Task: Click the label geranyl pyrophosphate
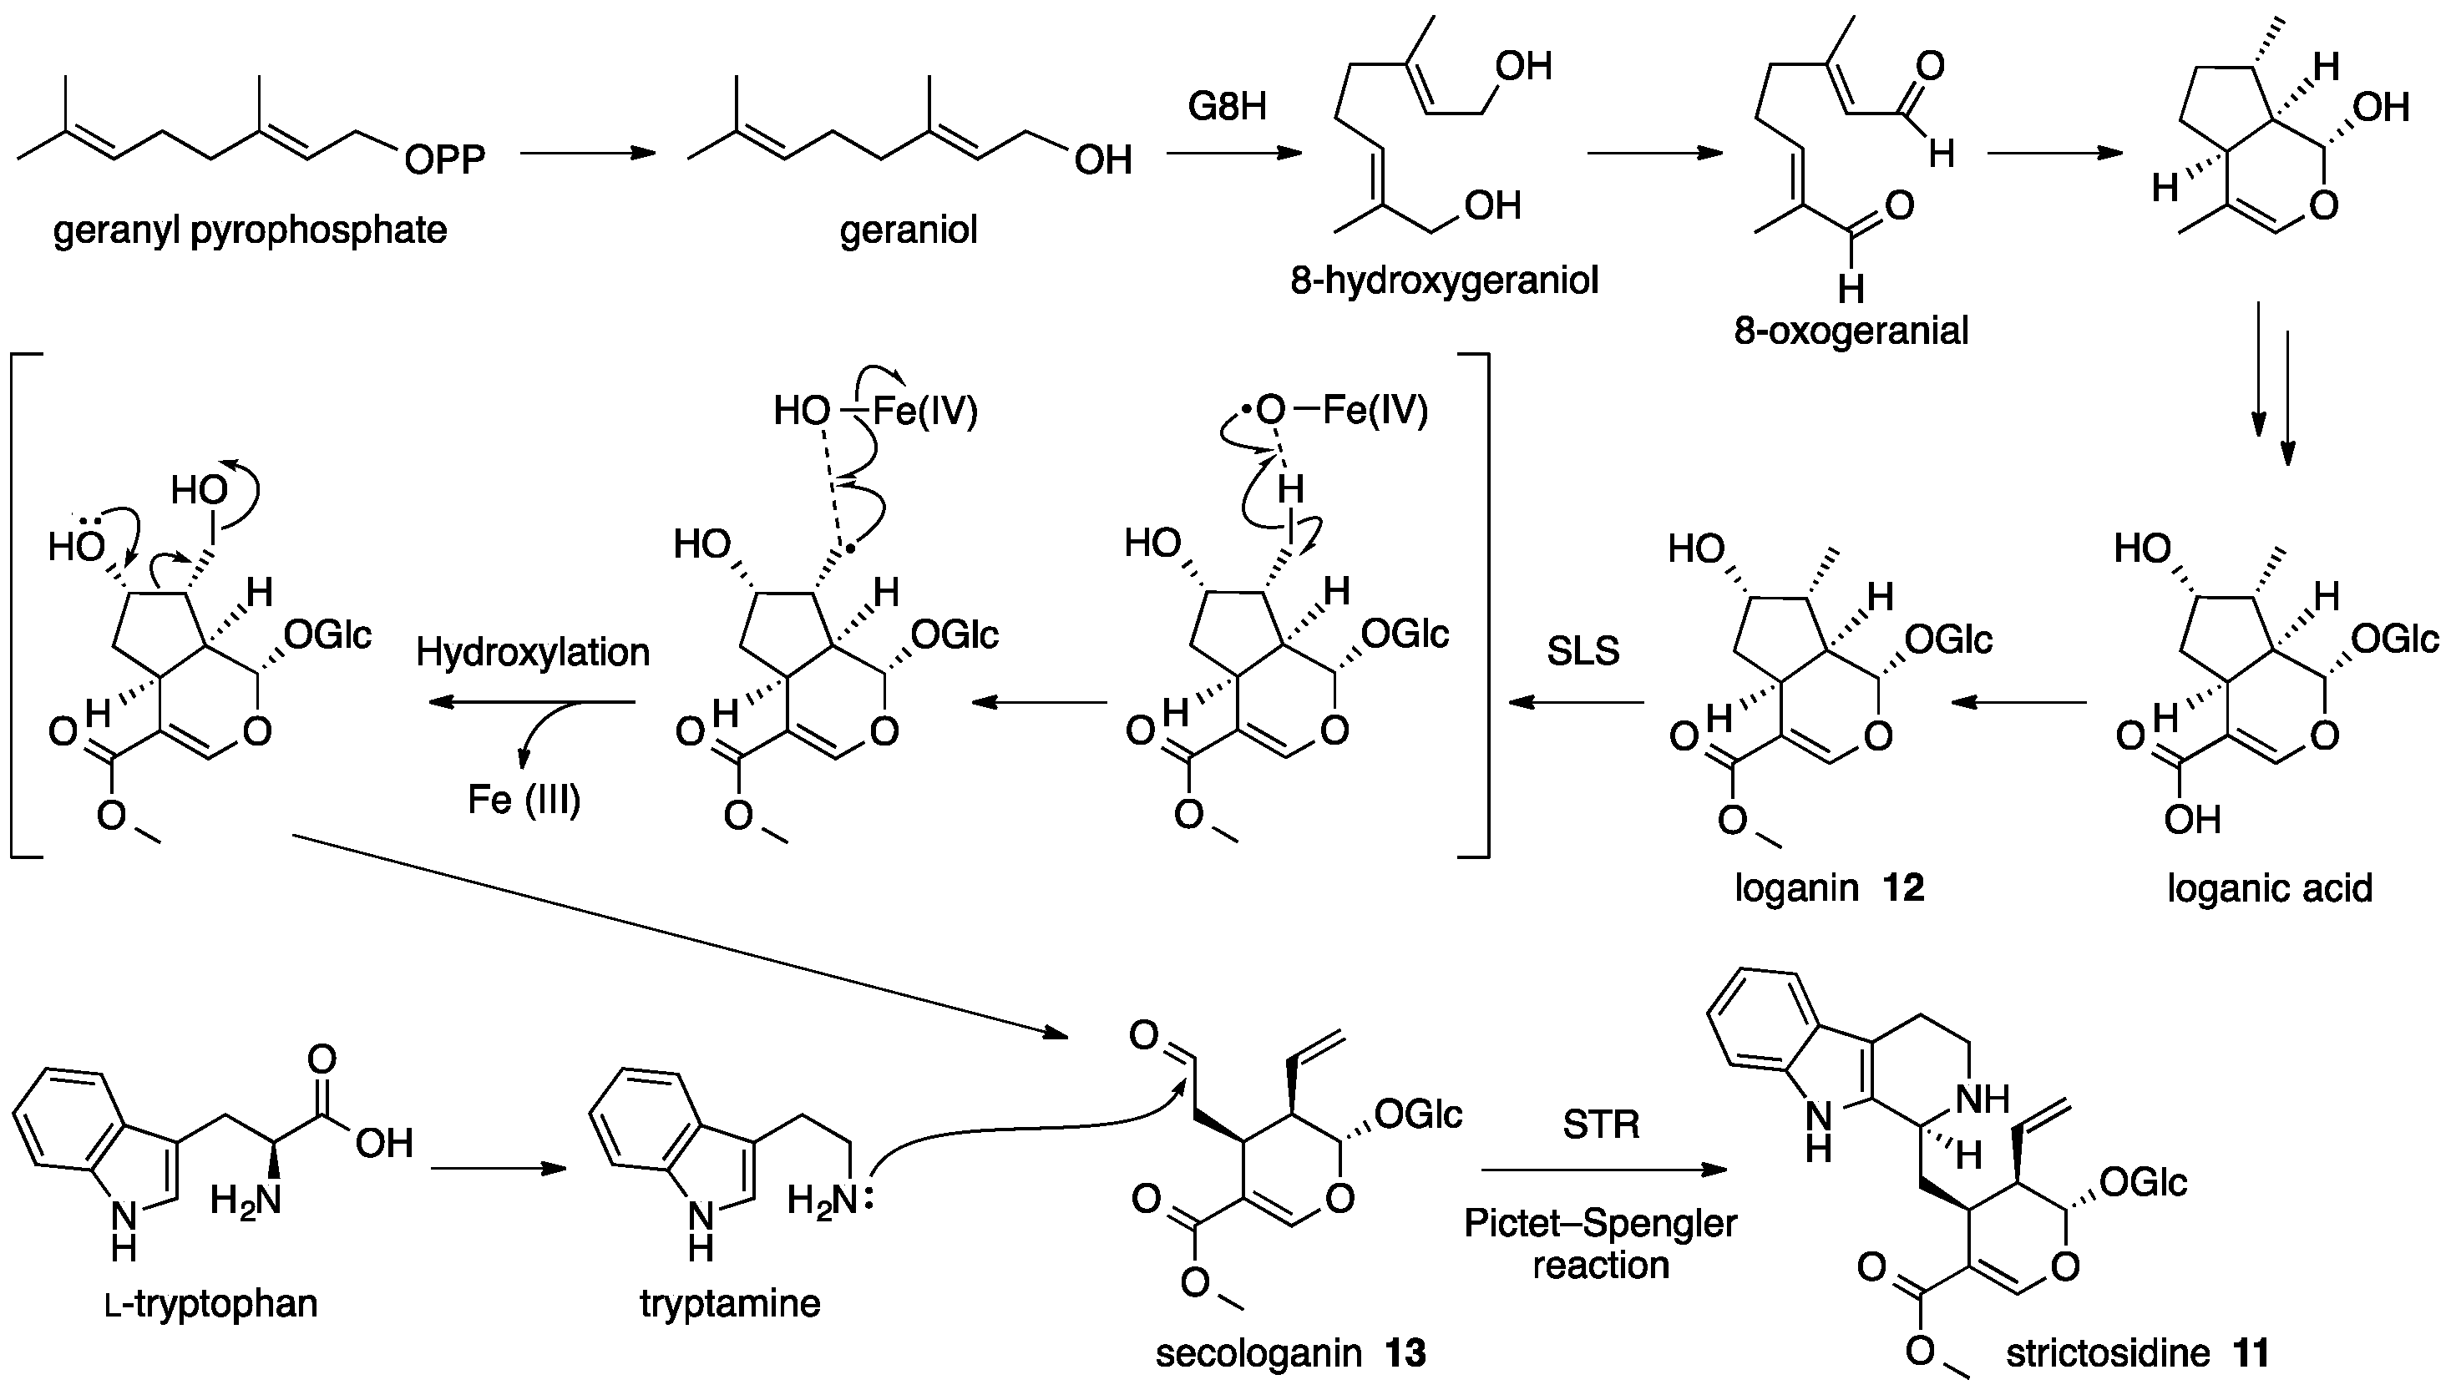(x=250, y=230)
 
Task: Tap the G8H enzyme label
(x=1227, y=106)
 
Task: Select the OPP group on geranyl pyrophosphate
(x=444, y=159)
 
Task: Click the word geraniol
(x=908, y=230)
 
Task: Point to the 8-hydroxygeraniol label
(x=1444, y=281)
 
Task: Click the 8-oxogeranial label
(x=1851, y=331)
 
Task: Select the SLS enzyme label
(x=1583, y=652)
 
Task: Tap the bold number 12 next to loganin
(x=1904, y=887)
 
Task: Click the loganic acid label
(x=2269, y=887)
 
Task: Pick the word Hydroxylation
(x=533, y=653)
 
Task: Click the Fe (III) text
(x=524, y=800)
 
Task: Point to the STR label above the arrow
(x=1600, y=1124)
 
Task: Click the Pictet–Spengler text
(x=1600, y=1224)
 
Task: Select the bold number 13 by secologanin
(x=1405, y=1354)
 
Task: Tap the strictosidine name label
(x=2108, y=1354)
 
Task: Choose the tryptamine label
(x=730, y=1304)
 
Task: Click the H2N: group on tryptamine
(x=829, y=1200)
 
